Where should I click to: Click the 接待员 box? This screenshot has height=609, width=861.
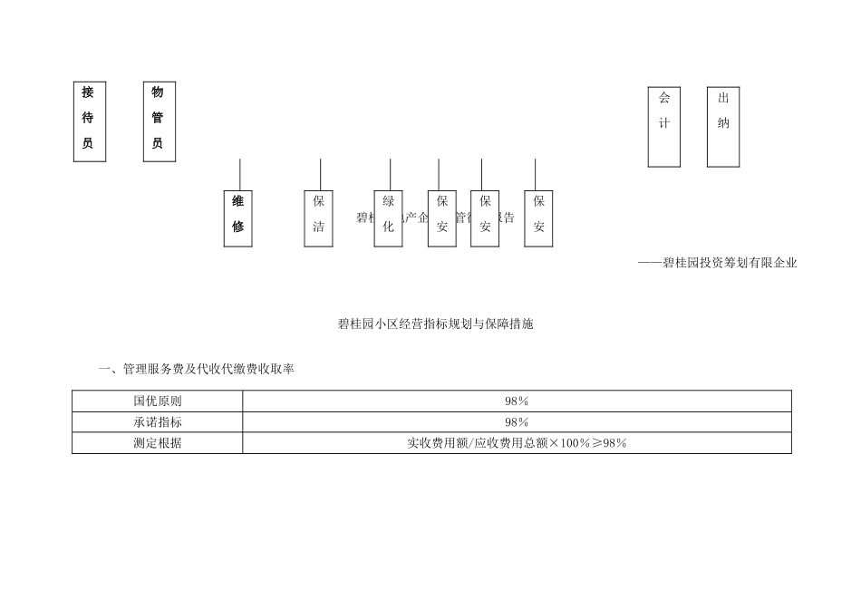pyautogui.click(x=89, y=121)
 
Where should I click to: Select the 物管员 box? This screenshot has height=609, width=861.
pyautogui.click(x=159, y=121)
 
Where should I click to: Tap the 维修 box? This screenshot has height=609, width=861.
pyautogui.click(x=238, y=217)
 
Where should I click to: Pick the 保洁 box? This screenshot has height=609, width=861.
pyautogui.click(x=319, y=217)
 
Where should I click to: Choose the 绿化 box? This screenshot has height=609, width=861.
pyautogui.click(x=389, y=217)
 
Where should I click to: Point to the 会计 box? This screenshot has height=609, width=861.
pyautogui.click(x=664, y=127)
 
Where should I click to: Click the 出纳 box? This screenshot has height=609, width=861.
pyautogui.click(x=723, y=127)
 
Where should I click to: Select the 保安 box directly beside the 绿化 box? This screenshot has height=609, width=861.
pyautogui.click(x=441, y=217)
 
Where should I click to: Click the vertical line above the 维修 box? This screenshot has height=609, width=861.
pyautogui.click(x=240, y=174)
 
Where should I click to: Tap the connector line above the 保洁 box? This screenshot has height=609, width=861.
pyautogui.click(x=320, y=174)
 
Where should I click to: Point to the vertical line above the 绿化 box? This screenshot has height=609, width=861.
pyautogui.click(x=390, y=174)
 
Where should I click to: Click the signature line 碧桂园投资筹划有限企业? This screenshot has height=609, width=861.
pyautogui.click(x=717, y=264)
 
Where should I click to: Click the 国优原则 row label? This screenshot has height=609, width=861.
pyautogui.click(x=158, y=401)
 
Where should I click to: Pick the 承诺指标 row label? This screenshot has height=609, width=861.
pyautogui.click(x=158, y=422)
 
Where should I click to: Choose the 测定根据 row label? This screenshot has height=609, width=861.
pyautogui.click(x=158, y=443)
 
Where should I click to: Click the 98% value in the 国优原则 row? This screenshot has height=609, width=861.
pyautogui.click(x=517, y=401)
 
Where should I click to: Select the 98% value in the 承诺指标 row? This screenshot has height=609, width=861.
pyautogui.click(x=517, y=422)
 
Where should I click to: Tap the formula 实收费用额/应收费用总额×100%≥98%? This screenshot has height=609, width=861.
pyautogui.click(x=517, y=443)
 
